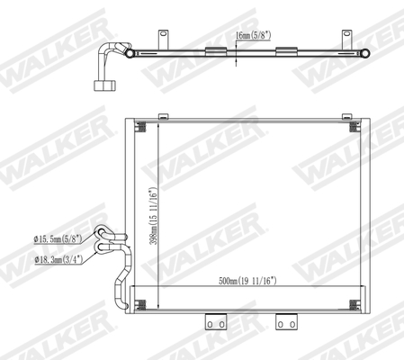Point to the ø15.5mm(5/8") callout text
[x=58, y=238]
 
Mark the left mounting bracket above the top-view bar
[x=164, y=38]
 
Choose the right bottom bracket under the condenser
[x=286, y=320]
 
